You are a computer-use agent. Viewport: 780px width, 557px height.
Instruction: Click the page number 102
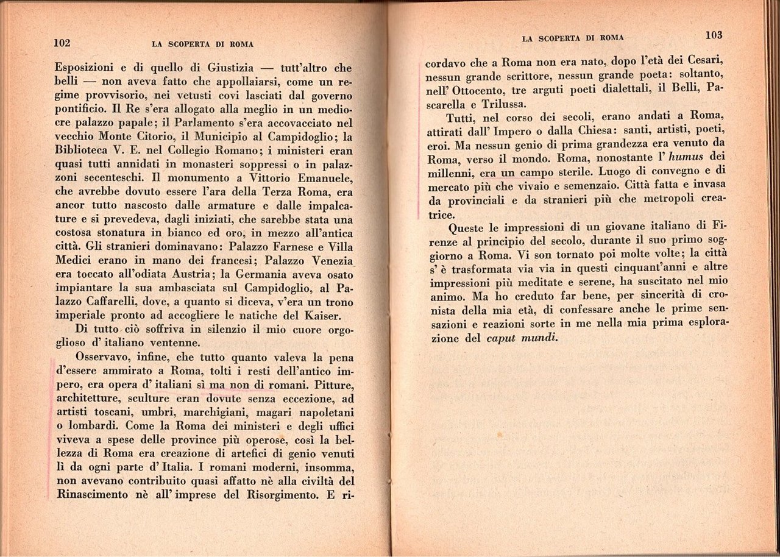pyautogui.click(x=63, y=43)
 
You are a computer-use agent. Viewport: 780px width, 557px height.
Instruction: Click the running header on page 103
pyautogui.click(x=573, y=38)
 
